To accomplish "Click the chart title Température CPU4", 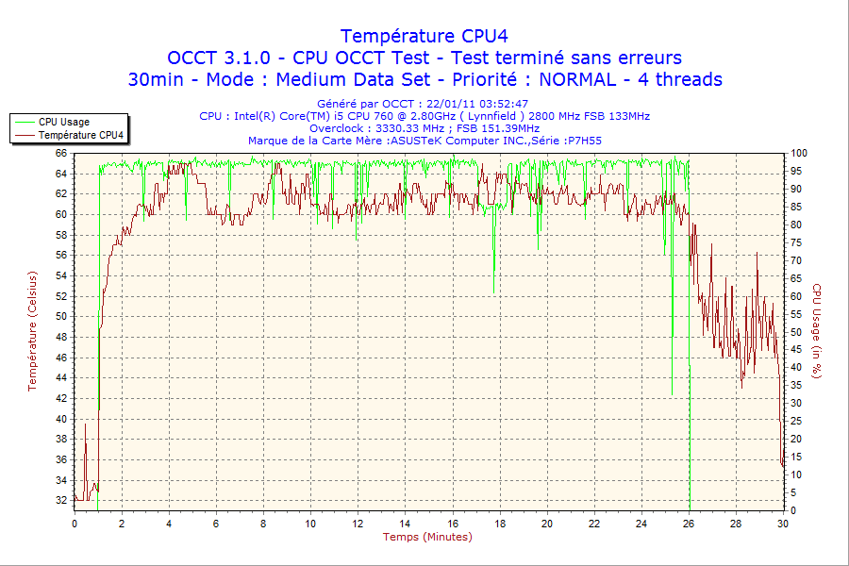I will click(424, 36).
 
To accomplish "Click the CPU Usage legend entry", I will click(64, 122).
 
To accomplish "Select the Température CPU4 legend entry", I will click(80, 135).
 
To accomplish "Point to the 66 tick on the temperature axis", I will click(60, 153).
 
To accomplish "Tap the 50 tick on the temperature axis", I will click(60, 316).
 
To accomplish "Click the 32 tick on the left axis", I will click(60, 500).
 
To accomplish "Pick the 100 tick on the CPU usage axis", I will click(799, 153).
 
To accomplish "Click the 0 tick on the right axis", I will click(794, 510).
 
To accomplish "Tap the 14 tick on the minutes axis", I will click(405, 524).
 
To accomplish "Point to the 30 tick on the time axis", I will click(783, 524).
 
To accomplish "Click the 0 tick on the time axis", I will click(75, 524).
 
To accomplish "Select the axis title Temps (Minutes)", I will click(427, 537).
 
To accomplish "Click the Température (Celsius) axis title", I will click(32, 330).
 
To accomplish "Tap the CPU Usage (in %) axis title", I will click(817, 330).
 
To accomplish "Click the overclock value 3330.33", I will click(391, 128).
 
